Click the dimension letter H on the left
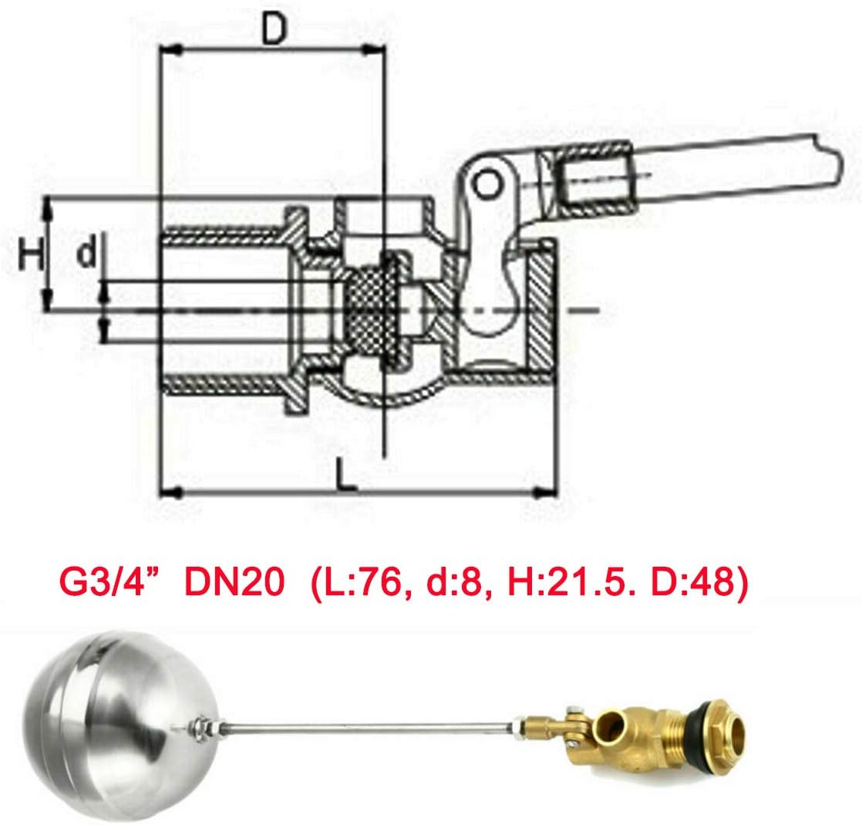click(30, 254)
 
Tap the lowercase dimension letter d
click(89, 253)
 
